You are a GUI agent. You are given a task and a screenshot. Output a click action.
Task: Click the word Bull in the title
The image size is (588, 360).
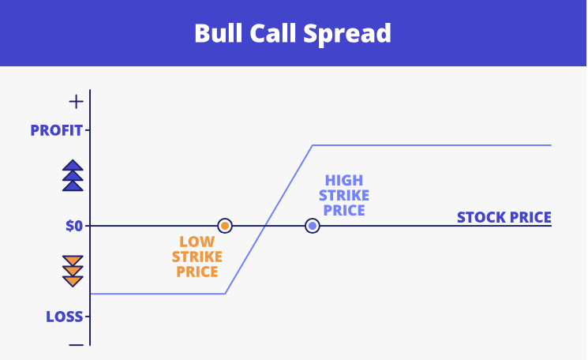click(219, 33)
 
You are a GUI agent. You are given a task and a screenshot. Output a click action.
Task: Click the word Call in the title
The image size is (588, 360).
click(272, 33)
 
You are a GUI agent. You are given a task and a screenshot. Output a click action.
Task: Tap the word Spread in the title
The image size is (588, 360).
click(346, 35)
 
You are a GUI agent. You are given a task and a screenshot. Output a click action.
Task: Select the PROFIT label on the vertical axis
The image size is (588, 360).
click(56, 130)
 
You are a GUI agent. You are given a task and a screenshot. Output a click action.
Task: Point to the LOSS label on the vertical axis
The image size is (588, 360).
click(64, 317)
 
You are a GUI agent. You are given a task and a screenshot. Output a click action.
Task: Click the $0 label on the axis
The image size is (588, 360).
click(74, 226)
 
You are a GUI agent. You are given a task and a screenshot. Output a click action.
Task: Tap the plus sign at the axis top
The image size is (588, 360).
click(76, 102)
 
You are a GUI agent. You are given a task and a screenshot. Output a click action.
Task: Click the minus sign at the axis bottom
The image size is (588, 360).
click(76, 345)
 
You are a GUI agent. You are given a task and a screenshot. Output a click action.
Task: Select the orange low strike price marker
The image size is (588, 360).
click(225, 226)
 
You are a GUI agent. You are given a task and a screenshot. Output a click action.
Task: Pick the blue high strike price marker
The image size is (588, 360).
click(313, 226)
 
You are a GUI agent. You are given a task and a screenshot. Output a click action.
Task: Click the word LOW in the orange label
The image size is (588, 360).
click(197, 242)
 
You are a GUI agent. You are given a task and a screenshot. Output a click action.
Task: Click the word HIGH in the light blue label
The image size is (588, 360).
click(344, 180)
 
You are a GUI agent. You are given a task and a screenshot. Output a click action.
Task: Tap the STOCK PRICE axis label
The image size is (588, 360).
click(504, 218)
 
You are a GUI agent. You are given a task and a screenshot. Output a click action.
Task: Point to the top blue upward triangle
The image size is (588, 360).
click(73, 166)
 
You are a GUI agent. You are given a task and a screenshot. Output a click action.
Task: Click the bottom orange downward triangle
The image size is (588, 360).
click(73, 281)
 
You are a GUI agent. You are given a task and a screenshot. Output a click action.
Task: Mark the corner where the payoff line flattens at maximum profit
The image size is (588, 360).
click(313, 145)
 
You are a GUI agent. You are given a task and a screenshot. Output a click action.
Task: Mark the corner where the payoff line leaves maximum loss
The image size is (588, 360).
click(225, 294)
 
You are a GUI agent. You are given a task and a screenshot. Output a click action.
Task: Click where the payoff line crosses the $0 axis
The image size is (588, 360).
click(265, 226)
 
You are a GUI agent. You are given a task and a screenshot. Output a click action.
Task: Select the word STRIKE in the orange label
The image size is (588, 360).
click(197, 257)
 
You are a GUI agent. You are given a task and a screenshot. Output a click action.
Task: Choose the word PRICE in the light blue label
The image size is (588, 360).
click(344, 210)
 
